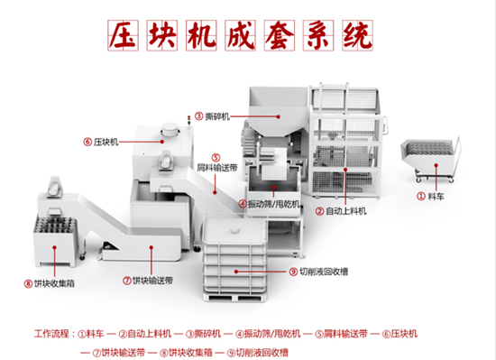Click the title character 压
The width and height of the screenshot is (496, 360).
tap(124, 35)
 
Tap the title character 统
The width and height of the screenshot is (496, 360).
tap(357, 35)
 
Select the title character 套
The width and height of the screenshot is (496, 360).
tap(280, 35)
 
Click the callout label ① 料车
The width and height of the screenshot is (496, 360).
tap(430, 197)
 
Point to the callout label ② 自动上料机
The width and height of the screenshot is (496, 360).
tap(341, 211)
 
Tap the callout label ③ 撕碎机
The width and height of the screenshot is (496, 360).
tap(212, 116)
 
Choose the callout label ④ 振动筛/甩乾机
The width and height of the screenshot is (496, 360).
tap(270, 204)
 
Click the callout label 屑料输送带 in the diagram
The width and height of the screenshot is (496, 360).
tap(217, 168)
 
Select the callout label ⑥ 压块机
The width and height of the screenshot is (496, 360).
tap(101, 142)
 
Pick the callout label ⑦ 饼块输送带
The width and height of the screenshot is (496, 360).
tap(148, 281)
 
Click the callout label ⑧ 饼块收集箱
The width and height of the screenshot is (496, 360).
tap(50, 283)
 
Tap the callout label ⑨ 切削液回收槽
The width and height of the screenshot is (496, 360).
tap(319, 272)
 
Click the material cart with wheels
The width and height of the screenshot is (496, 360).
tap(430, 161)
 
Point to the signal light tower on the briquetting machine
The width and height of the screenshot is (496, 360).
tap(189, 121)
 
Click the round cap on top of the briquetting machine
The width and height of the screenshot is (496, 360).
tap(170, 129)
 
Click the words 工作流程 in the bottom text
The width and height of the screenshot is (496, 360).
tap(51, 334)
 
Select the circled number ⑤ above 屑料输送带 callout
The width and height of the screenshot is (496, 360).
tap(216, 158)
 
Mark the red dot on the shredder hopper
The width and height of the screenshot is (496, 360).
tap(278, 116)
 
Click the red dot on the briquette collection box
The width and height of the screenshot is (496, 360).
tap(54, 248)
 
